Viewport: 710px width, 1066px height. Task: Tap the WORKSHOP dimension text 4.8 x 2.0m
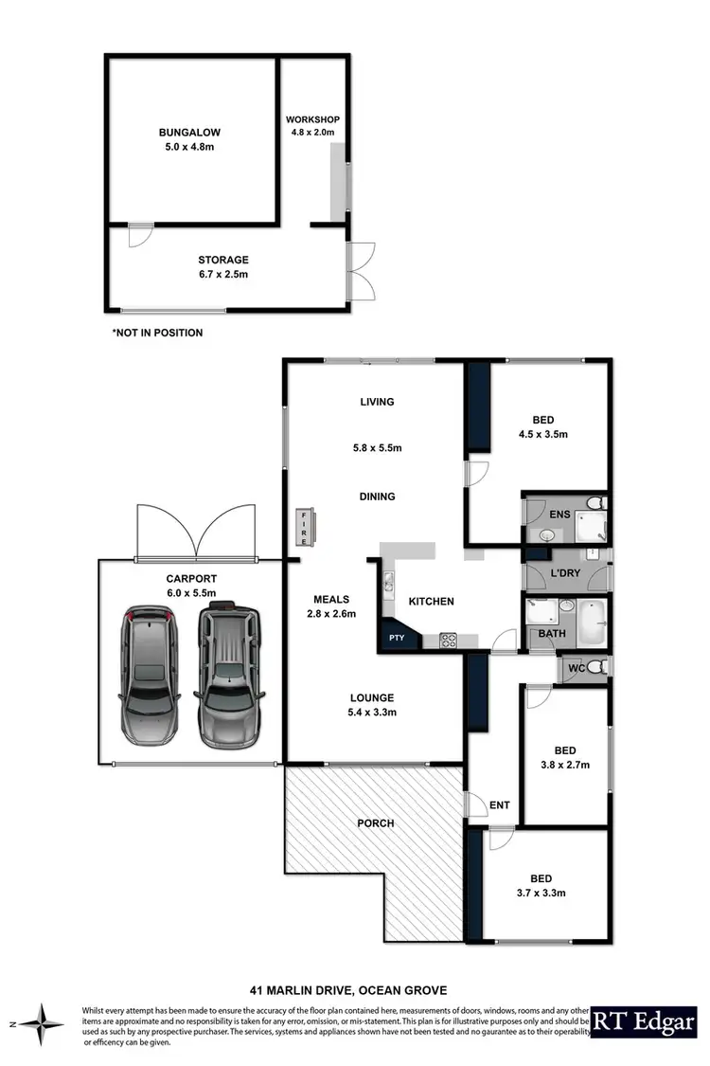pos(312,134)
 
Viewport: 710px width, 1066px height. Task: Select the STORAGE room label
pos(223,260)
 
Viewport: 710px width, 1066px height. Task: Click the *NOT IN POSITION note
pos(157,334)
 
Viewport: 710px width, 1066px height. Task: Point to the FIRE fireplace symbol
pos(305,520)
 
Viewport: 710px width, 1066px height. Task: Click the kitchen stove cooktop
pos(448,641)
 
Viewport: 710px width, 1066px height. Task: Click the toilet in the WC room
pos(595,668)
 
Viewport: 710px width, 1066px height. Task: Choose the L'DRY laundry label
pos(553,574)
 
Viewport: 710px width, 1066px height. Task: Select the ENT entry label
pos(499,805)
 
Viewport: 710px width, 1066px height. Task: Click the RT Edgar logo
pos(643,1023)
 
